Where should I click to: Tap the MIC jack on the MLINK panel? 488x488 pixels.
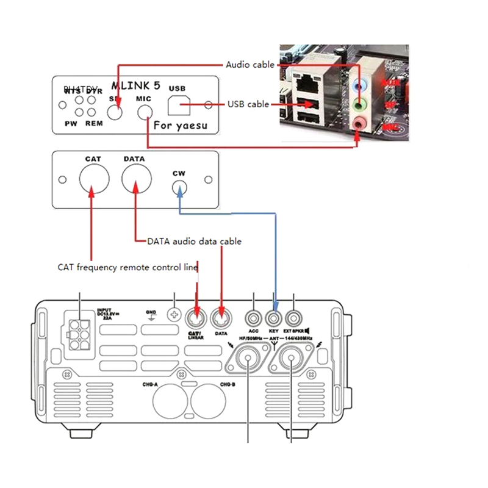(x=145, y=112)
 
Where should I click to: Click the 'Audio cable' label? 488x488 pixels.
(x=250, y=65)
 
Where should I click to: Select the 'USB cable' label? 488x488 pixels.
(x=248, y=104)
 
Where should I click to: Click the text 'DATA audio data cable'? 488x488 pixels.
(x=194, y=242)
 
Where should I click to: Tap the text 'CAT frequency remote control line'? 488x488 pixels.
(x=127, y=267)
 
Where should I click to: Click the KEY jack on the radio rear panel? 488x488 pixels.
(x=274, y=318)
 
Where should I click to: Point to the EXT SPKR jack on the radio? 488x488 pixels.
(x=294, y=318)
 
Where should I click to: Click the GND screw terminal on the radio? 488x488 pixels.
(x=175, y=316)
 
